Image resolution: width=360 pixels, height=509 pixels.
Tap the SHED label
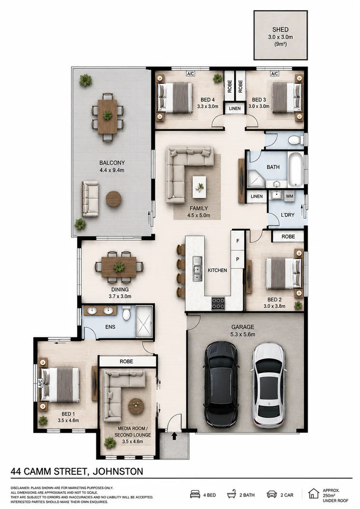[x=280, y=29]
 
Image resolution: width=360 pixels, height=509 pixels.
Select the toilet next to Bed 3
[x=295, y=140]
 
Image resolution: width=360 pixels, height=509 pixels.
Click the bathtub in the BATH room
[x=295, y=169]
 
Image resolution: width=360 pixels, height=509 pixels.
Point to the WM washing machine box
[x=289, y=196]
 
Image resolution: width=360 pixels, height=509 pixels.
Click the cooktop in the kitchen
[x=218, y=303]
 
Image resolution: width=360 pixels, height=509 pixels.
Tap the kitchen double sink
[x=197, y=269]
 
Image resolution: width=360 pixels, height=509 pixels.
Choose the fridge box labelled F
[x=237, y=241]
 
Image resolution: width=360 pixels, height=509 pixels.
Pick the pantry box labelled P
[x=237, y=259]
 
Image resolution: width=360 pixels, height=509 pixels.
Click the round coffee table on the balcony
[x=113, y=199]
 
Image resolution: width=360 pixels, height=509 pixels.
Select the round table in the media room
[x=136, y=406]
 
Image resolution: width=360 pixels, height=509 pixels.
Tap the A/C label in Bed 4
[x=191, y=74]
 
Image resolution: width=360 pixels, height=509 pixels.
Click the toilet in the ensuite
[x=126, y=313]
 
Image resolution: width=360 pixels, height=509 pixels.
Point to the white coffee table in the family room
[x=199, y=187]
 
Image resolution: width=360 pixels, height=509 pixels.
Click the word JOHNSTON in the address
[x=118, y=471]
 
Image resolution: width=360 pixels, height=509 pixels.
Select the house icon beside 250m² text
[x=314, y=494]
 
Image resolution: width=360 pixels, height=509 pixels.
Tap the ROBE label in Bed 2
[x=288, y=236]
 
